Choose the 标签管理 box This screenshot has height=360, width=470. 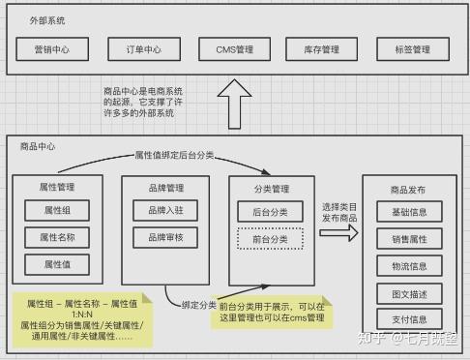[413, 49]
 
